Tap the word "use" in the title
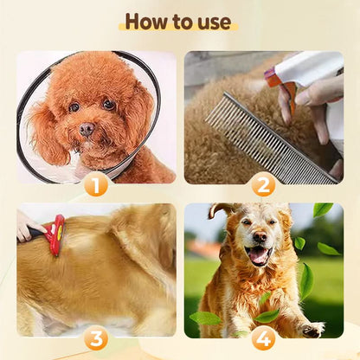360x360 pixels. click(215, 22)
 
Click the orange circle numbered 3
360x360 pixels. click(96, 338)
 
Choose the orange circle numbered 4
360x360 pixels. click(263, 338)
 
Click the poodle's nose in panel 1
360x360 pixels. click(87, 129)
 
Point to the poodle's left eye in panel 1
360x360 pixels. click(74, 107)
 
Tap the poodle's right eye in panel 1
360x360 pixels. click(109, 105)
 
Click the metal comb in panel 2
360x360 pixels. click(271, 138)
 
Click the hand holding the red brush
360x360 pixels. click(29, 227)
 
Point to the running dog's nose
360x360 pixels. click(260, 236)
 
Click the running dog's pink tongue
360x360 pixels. click(258, 254)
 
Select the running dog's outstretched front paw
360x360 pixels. click(312, 329)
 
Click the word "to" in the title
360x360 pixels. click(183, 22)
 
